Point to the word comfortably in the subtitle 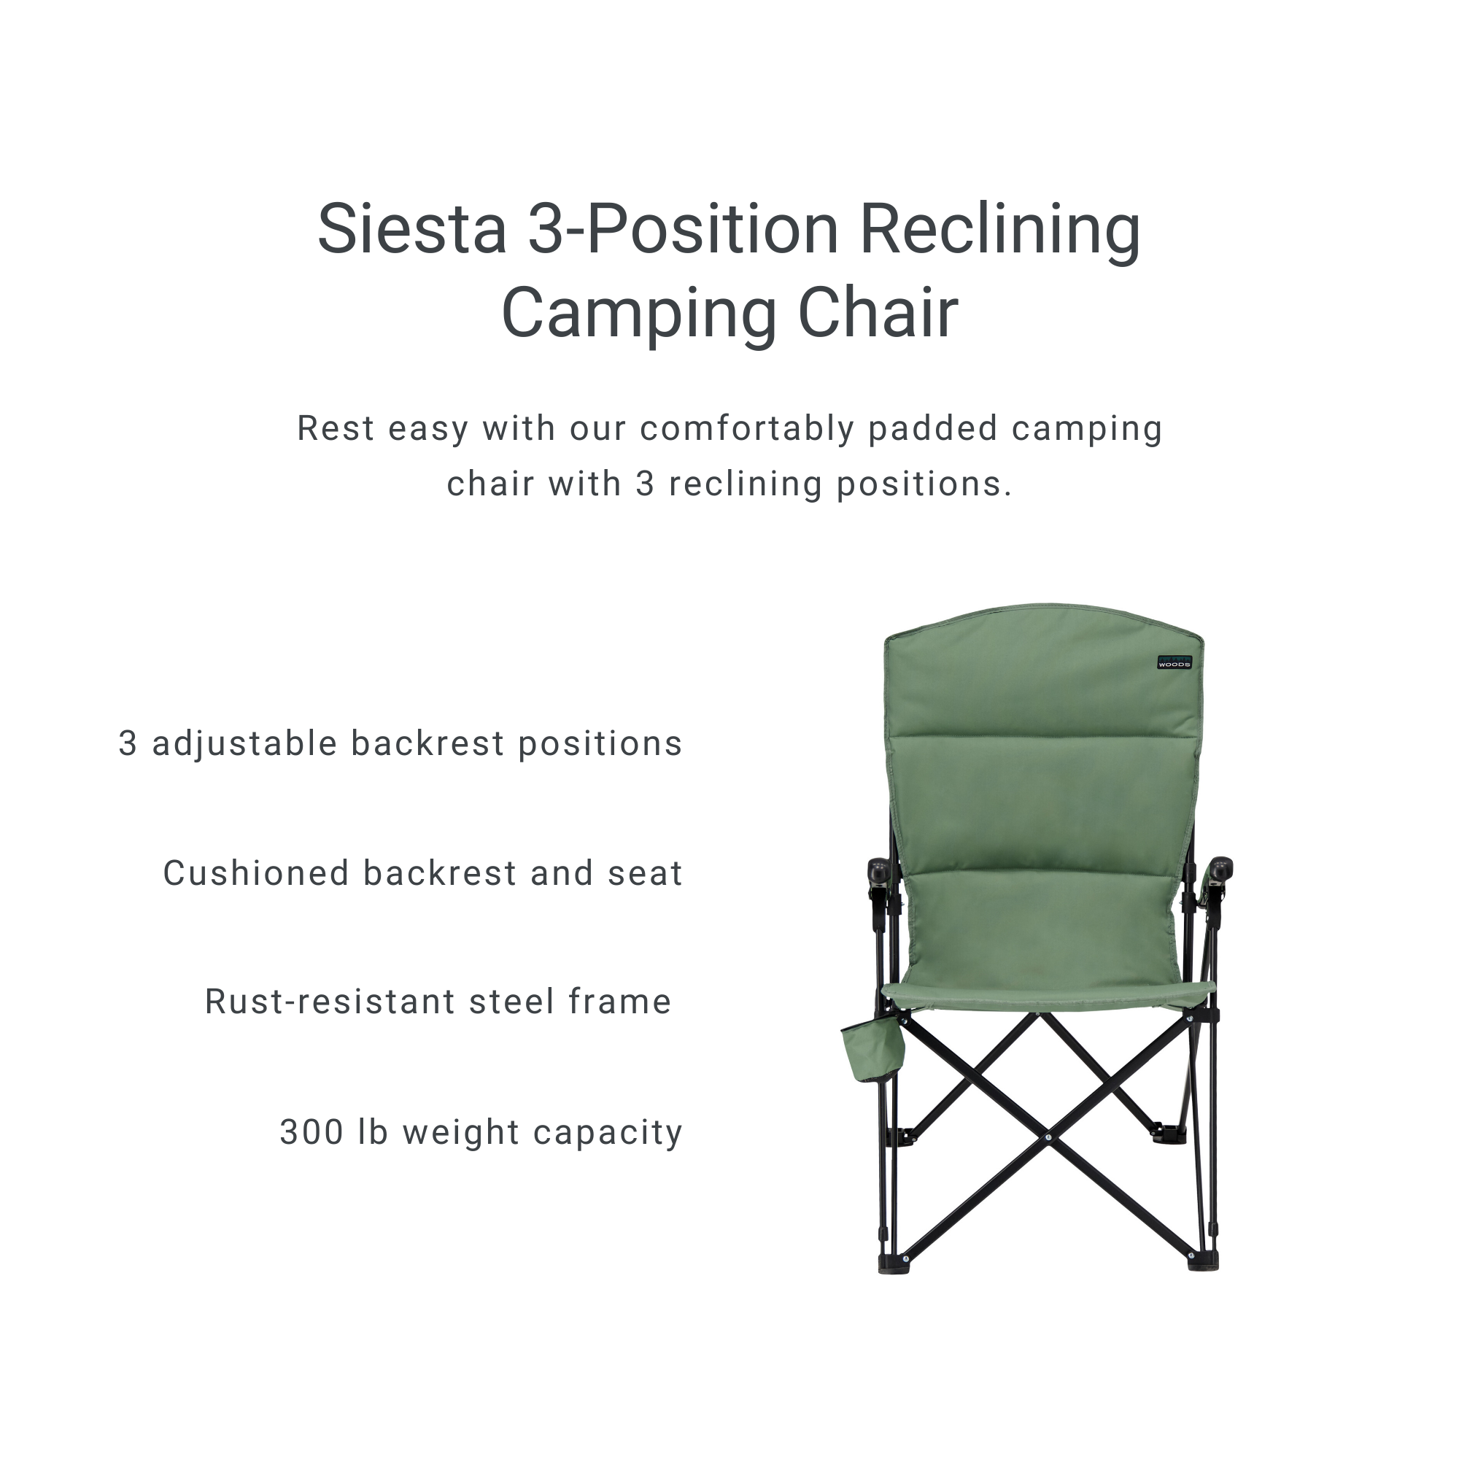tap(746, 430)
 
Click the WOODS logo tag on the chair tap(1174, 662)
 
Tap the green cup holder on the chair tap(873, 1050)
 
